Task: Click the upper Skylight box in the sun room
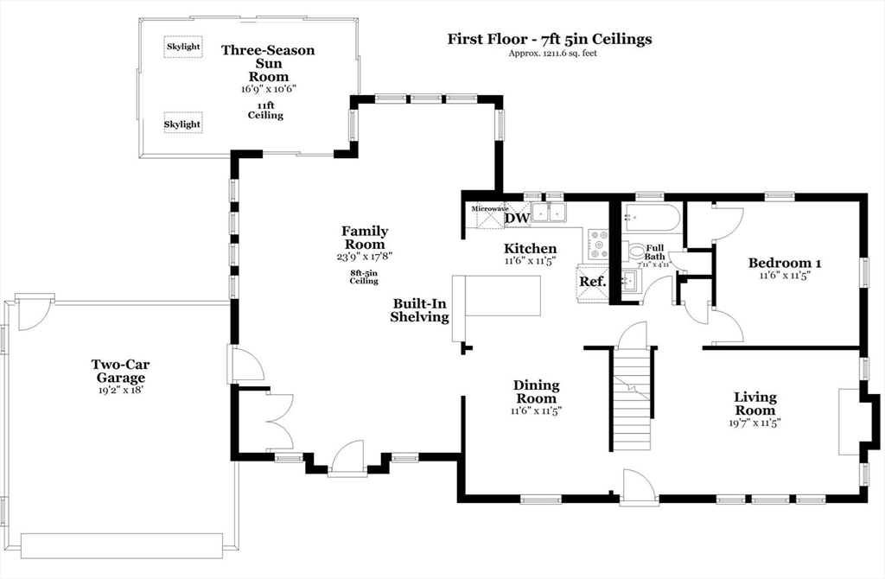[x=182, y=46]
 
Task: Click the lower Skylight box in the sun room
[x=182, y=124]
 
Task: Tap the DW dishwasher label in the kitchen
[x=516, y=218]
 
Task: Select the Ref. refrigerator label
[x=591, y=282]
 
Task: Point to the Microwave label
[x=489, y=208]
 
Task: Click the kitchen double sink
[x=548, y=212]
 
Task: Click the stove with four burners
[x=597, y=244]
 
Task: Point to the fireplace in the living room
[x=849, y=421]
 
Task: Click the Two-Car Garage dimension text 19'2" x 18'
[x=120, y=391]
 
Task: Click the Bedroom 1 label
[x=785, y=263]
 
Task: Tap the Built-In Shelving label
[x=420, y=310]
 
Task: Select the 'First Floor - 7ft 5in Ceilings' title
[x=549, y=39]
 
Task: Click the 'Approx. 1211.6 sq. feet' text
[x=552, y=54]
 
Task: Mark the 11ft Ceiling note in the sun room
[x=265, y=110]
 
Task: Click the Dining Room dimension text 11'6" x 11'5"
[x=536, y=411]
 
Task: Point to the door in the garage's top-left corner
[x=34, y=313]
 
